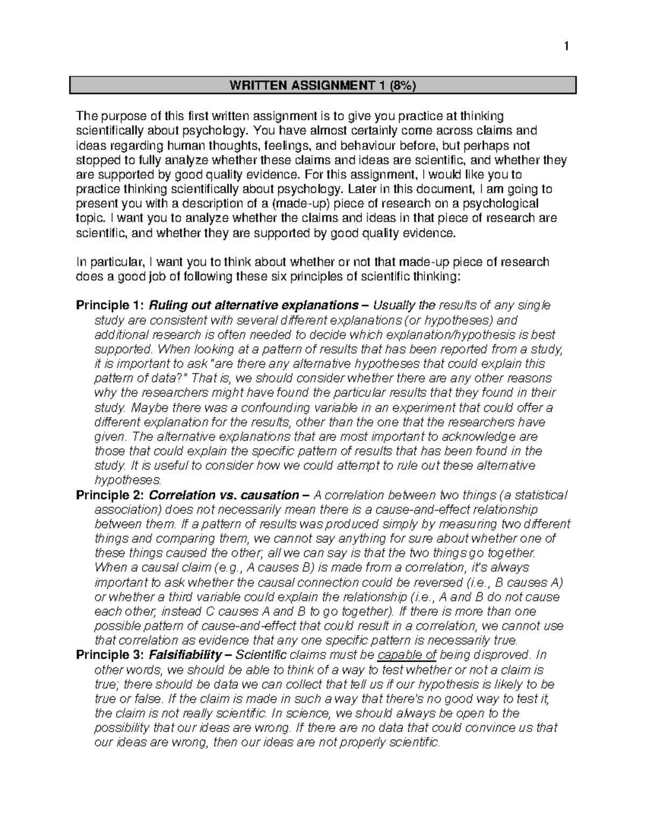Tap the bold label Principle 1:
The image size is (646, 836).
coord(110,306)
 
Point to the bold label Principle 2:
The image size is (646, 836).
coord(110,495)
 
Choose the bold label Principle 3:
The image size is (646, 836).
coord(110,655)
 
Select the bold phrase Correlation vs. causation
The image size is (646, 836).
coord(223,495)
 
